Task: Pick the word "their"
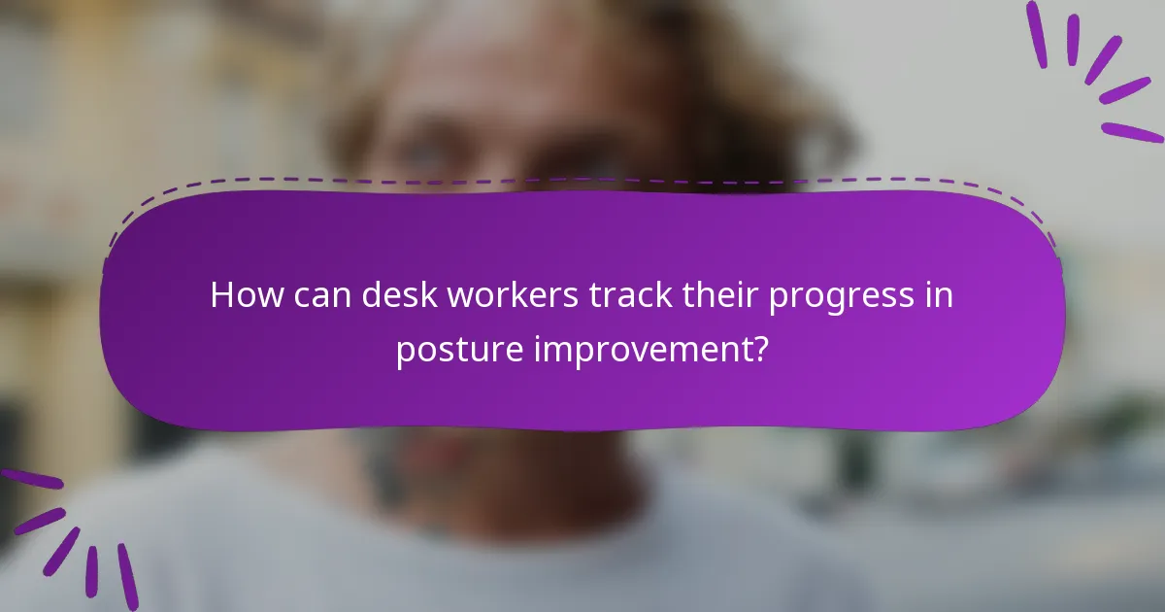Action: coord(712,295)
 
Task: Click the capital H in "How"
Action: coord(221,295)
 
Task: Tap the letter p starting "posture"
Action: coord(405,352)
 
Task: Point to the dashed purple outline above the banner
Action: coord(582,181)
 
